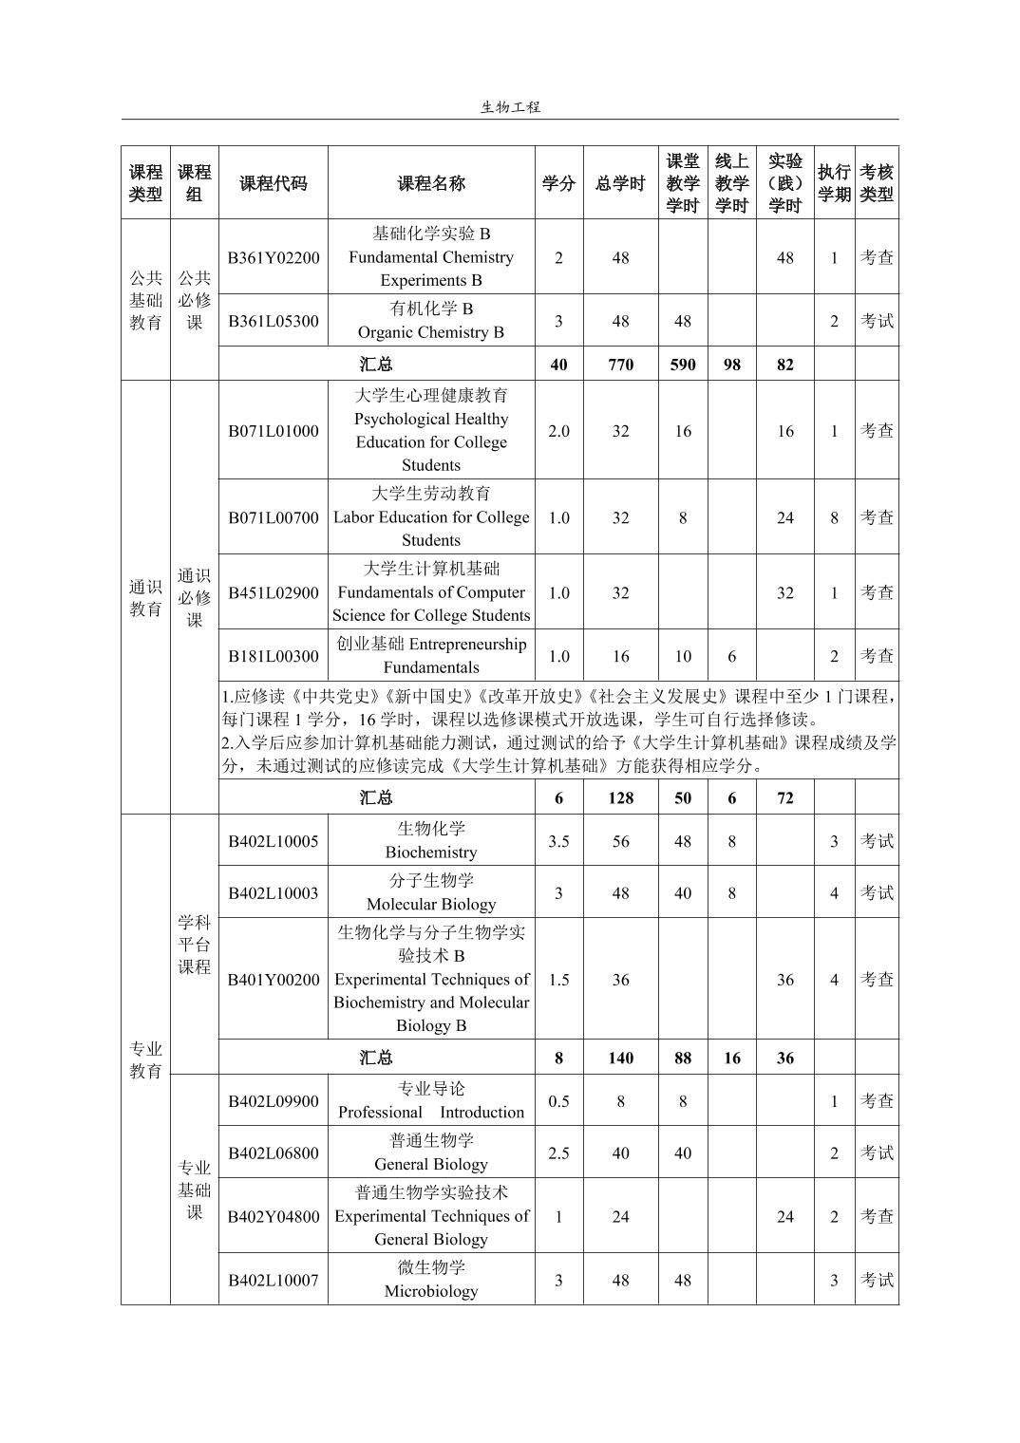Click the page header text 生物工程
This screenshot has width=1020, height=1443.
coord(510,107)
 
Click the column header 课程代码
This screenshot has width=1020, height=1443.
coord(273,183)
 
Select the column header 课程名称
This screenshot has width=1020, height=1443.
coord(431,183)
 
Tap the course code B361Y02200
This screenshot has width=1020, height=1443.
coord(273,257)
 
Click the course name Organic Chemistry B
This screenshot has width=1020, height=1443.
coord(431,321)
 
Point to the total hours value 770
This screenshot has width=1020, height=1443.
coord(620,365)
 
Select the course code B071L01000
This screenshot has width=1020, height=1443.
coord(273,431)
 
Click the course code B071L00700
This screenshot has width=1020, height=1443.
coord(273,517)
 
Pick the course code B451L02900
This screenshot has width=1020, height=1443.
coord(273,592)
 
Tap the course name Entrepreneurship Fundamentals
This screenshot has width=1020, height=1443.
coord(431,656)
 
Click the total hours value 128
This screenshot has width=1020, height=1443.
coord(620,798)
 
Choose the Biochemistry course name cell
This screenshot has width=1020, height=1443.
coord(431,840)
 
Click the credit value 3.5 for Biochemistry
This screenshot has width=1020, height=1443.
coord(558,841)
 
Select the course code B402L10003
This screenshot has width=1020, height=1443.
coord(273,893)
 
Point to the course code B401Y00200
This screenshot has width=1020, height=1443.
coord(273,980)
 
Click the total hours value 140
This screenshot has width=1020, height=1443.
coord(620,1059)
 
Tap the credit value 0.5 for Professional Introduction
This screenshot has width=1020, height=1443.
coord(558,1101)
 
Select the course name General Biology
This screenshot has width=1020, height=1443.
coord(431,1153)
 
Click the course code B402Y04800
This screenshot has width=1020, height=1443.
coord(273,1216)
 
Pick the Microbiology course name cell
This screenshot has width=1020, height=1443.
coord(431,1280)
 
